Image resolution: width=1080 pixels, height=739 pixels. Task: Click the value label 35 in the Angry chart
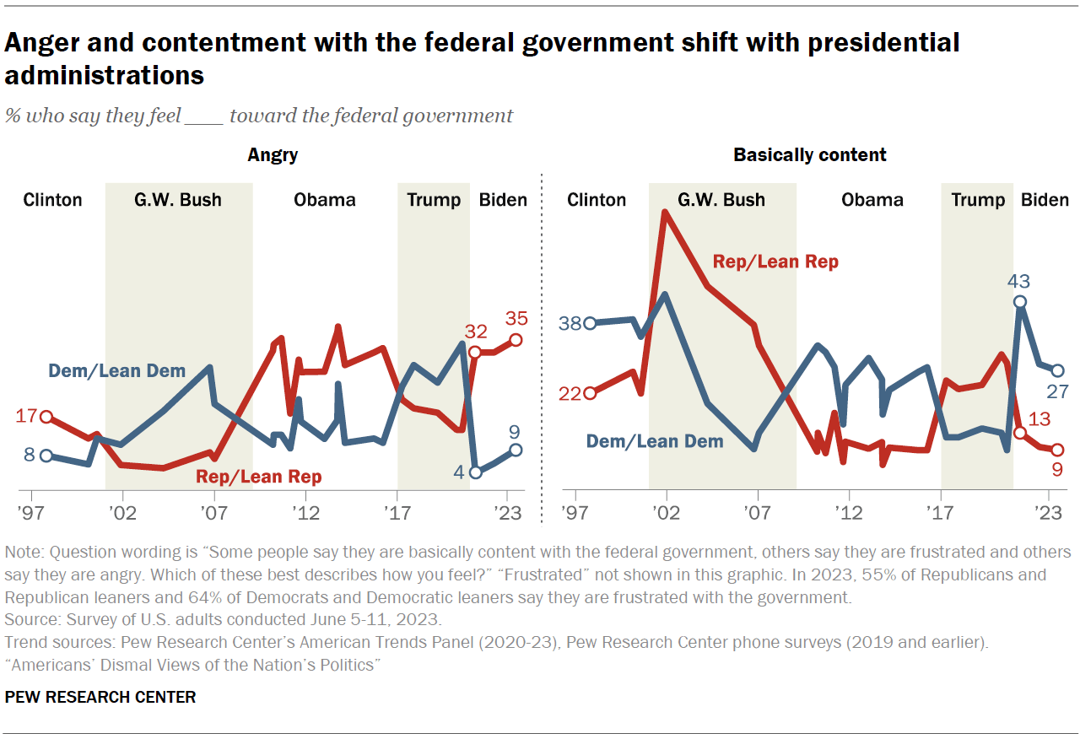click(516, 319)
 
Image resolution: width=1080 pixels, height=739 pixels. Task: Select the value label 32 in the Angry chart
click(475, 332)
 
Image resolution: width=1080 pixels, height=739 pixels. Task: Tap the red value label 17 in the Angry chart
click(28, 415)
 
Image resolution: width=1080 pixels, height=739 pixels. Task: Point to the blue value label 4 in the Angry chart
click(459, 472)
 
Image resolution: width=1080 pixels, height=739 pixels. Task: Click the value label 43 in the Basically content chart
click(1020, 282)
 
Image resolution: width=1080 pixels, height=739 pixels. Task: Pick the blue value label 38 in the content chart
click(571, 323)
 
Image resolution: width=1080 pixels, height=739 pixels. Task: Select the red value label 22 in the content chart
click(571, 393)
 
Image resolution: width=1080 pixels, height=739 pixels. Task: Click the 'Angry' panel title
click(272, 155)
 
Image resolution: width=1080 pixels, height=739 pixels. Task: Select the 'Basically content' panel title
click(809, 155)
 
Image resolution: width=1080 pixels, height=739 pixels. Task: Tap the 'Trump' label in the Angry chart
click(434, 200)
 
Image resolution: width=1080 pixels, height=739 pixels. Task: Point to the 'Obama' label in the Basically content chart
click(872, 200)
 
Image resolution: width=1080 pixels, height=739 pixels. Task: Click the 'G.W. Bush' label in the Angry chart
click(178, 200)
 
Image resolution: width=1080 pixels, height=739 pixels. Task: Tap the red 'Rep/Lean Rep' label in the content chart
click(775, 262)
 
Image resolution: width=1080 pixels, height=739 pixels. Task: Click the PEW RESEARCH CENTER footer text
click(100, 697)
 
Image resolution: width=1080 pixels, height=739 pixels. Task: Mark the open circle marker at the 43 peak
click(1020, 302)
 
